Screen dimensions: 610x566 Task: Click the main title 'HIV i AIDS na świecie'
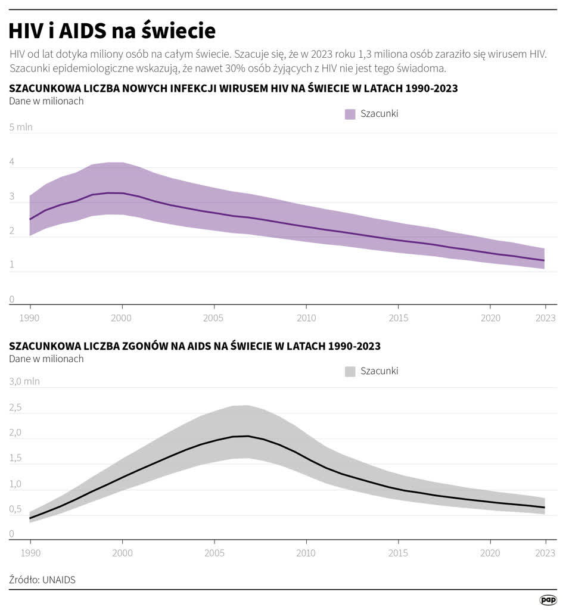113,30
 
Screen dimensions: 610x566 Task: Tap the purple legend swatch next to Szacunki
350,114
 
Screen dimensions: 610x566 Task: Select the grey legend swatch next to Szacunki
350,371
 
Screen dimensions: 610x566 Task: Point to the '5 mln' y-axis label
21,127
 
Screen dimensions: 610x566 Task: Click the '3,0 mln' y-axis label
24,381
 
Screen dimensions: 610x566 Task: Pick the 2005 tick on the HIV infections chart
214,318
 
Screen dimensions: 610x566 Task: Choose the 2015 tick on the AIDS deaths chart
398,553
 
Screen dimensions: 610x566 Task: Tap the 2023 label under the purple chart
545,318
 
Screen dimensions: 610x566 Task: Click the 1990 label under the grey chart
30,553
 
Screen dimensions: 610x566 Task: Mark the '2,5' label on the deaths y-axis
15,408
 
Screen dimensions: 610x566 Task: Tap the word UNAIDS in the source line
59,580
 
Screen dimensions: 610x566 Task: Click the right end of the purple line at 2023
544,260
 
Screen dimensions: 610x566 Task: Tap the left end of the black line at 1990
30,518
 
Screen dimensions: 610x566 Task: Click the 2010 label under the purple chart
306,318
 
